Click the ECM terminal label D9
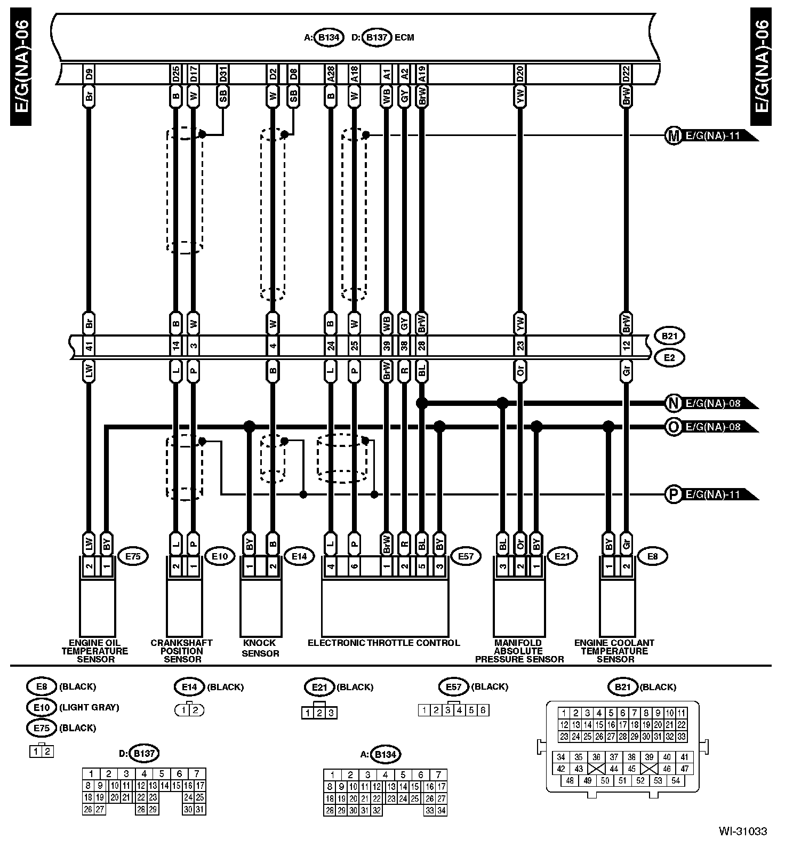point(89,74)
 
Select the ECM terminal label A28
point(331,74)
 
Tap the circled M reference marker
point(674,136)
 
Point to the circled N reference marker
point(674,403)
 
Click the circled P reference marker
point(674,494)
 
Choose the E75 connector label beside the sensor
point(133,556)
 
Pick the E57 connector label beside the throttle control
point(466,556)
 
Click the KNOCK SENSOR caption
point(260,648)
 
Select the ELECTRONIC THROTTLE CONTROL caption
point(383,643)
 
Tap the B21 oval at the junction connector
point(669,337)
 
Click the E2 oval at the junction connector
point(669,358)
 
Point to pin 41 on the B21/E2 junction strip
point(89,347)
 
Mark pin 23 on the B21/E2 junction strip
point(520,347)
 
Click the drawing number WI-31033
point(742,831)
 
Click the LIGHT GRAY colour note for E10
point(89,707)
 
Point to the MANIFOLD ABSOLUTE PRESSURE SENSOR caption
point(519,651)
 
